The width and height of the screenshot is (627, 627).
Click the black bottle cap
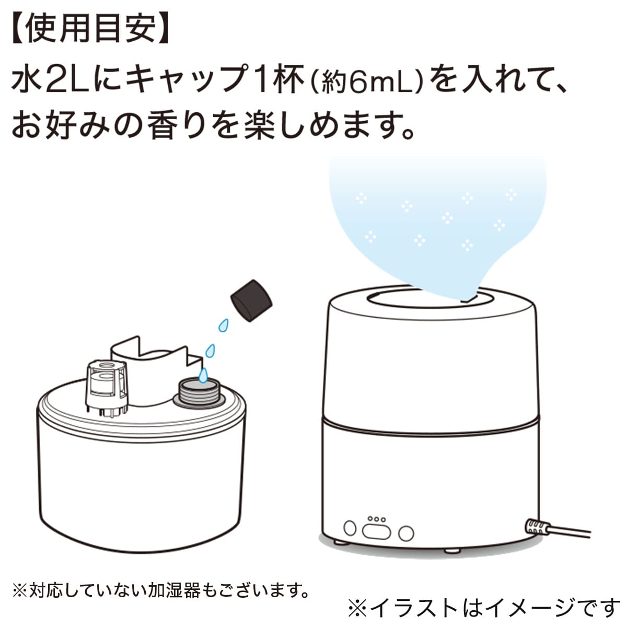tap(252, 300)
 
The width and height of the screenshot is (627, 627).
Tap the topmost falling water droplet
tap(224, 325)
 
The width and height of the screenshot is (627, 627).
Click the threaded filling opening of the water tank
tap(199, 392)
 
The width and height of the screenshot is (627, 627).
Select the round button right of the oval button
tap(405, 533)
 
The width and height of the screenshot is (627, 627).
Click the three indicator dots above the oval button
tap(376, 519)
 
